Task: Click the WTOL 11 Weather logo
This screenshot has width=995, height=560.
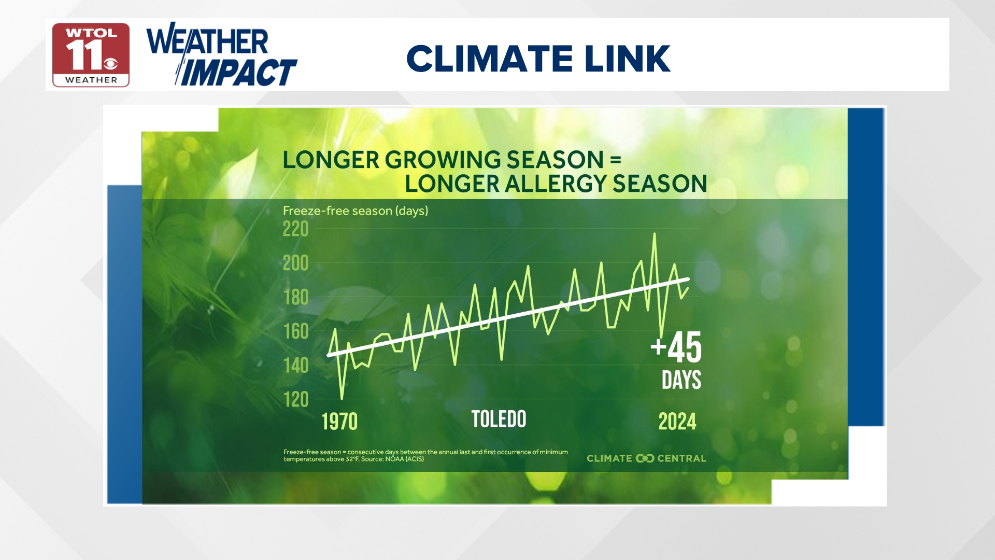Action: [91, 55]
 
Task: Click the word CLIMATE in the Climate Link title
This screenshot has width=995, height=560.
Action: [489, 59]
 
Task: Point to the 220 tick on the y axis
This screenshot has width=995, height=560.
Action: [295, 229]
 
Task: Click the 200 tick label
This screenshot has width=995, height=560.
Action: [295, 263]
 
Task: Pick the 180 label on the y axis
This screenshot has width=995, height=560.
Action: [295, 298]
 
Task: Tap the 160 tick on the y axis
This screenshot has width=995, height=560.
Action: [295, 331]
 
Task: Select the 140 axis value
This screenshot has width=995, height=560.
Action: [295, 366]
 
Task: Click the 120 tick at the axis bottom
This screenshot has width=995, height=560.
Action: [295, 400]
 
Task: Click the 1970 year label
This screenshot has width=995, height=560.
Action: [339, 422]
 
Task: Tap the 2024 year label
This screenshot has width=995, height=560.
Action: [677, 422]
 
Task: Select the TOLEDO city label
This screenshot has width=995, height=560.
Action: [499, 419]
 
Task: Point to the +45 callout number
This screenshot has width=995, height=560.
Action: [676, 347]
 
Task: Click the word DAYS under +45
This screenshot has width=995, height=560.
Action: [681, 380]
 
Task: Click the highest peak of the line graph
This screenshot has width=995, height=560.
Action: [655, 234]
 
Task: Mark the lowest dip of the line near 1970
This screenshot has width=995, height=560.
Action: [342, 398]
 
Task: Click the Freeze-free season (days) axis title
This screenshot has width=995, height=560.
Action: [356, 211]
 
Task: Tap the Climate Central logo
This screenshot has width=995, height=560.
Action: [646, 458]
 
